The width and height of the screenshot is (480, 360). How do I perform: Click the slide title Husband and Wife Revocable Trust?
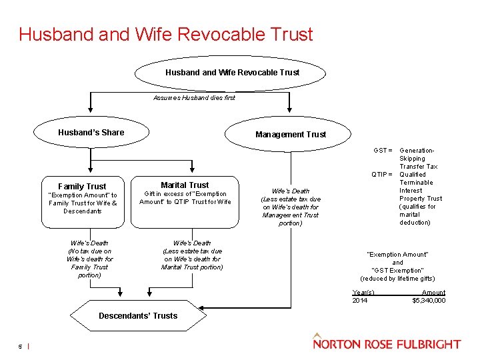pyautogui.click(x=165, y=34)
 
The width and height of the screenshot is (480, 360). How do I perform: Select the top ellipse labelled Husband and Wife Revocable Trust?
pyautogui.click(x=232, y=72)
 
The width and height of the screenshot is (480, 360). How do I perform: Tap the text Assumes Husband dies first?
pyautogui.click(x=194, y=97)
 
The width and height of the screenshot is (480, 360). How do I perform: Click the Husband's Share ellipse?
pyautogui.click(x=91, y=133)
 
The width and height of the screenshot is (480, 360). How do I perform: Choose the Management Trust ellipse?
pyautogui.click(x=291, y=134)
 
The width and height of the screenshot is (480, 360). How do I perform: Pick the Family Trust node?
pyautogui.click(x=82, y=187)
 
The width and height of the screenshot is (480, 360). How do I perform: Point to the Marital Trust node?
pyautogui.click(x=185, y=185)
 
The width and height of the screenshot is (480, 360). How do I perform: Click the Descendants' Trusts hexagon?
pyautogui.click(x=138, y=315)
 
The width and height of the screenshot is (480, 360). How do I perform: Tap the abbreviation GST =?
pyautogui.click(x=383, y=151)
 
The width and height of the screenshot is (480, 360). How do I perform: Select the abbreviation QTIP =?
pyautogui.click(x=381, y=175)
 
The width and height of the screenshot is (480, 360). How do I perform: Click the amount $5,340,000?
pyautogui.click(x=429, y=301)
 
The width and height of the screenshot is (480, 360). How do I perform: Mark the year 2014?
pyautogui.click(x=359, y=301)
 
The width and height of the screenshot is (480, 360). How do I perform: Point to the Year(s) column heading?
pyautogui.click(x=363, y=293)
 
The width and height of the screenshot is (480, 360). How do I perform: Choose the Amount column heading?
pyautogui.click(x=433, y=293)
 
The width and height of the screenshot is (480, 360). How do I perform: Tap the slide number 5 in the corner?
pyautogui.click(x=21, y=345)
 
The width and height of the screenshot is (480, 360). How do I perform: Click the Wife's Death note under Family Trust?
pyautogui.click(x=89, y=259)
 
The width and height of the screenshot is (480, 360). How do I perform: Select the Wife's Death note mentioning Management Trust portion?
pyautogui.click(x=291, y=207)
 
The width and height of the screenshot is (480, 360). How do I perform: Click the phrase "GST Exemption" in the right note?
pyautogui.click(x=397, y=271)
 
